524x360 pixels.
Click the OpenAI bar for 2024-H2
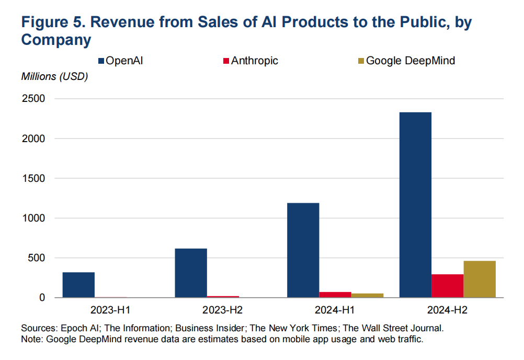tap(415, 205)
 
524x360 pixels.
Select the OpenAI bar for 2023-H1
tap(78, 285)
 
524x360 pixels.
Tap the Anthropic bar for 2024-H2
tap(447, 286)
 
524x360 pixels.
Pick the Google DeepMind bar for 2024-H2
tap(480, 279)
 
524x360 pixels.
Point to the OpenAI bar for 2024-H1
tap(303, 250)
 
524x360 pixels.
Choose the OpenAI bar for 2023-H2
tap(191, 273)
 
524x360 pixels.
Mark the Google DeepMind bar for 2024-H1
tap(367, 295)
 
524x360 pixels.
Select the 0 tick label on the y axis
tap(43, 298)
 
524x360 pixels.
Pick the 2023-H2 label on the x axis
tap(223, 310)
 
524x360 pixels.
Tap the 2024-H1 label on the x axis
tap(335, 310)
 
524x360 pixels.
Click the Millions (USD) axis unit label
tap(54, 77)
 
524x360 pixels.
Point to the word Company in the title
tap(56, 40)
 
